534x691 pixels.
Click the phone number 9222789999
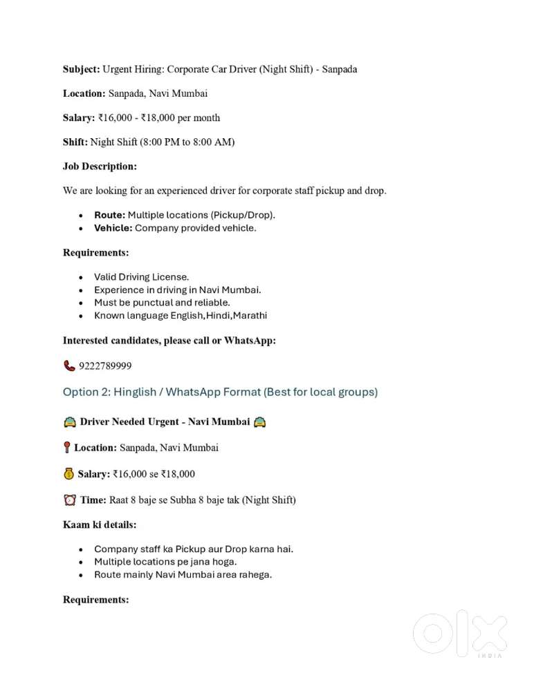click(x=105, y=366)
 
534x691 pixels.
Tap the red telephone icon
click(x=69, y=366)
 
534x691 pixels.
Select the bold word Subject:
click(x=81, y=69)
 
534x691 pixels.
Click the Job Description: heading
click(x=100, y=167)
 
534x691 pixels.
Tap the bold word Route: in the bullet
click(x=109, y=215)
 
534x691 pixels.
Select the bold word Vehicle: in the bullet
click(x=113, y=228)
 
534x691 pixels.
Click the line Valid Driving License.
click(x=141, y=277)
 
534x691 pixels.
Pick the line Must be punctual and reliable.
click(x=162, y=303)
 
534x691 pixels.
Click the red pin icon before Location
click(x=66, y=448)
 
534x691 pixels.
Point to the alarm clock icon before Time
click(x=69, y=500)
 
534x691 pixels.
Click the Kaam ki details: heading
click(x=99, y=524)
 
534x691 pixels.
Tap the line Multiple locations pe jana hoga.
click(x=165, y=562)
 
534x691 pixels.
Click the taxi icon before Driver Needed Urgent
click(x=69, y=422)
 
